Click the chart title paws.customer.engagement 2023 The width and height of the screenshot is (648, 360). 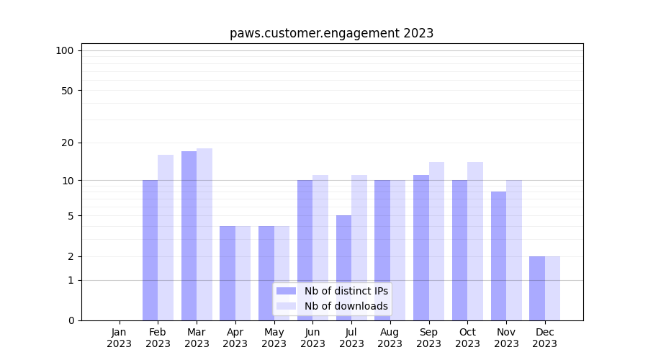tap(331, 33)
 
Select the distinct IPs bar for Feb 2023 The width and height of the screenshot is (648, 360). tap(150, 250)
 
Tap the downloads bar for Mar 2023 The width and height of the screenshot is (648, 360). tap(204, 234)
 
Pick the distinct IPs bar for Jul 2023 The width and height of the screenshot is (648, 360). tap(343, 268)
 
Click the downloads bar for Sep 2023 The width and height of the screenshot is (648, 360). tap(436, 241)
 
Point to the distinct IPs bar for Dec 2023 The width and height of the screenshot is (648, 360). tap(537, 288)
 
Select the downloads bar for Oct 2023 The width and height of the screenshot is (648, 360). tap(475, 241)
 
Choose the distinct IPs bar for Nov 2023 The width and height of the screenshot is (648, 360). tap(498, 256)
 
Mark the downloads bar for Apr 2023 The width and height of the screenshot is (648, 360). tap(243, 273)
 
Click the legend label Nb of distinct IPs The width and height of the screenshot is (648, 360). tap(346, 291)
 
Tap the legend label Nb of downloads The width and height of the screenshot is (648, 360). tap(346, 306)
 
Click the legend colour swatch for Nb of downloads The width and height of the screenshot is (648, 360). tap(286, 306)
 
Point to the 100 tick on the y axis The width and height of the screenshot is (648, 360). tap(65, 50)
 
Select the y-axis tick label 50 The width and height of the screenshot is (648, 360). tap(67, 91)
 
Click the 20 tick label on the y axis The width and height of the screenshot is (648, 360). tap(67, 143)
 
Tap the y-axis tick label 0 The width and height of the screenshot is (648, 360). tap(71, 320)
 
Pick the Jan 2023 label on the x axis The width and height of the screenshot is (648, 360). tap(120, 338)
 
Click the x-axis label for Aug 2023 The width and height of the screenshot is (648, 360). tap(390, 338)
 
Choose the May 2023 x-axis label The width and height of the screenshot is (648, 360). tap(274, 338)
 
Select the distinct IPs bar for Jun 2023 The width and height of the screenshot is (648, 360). tap(305, 250)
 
